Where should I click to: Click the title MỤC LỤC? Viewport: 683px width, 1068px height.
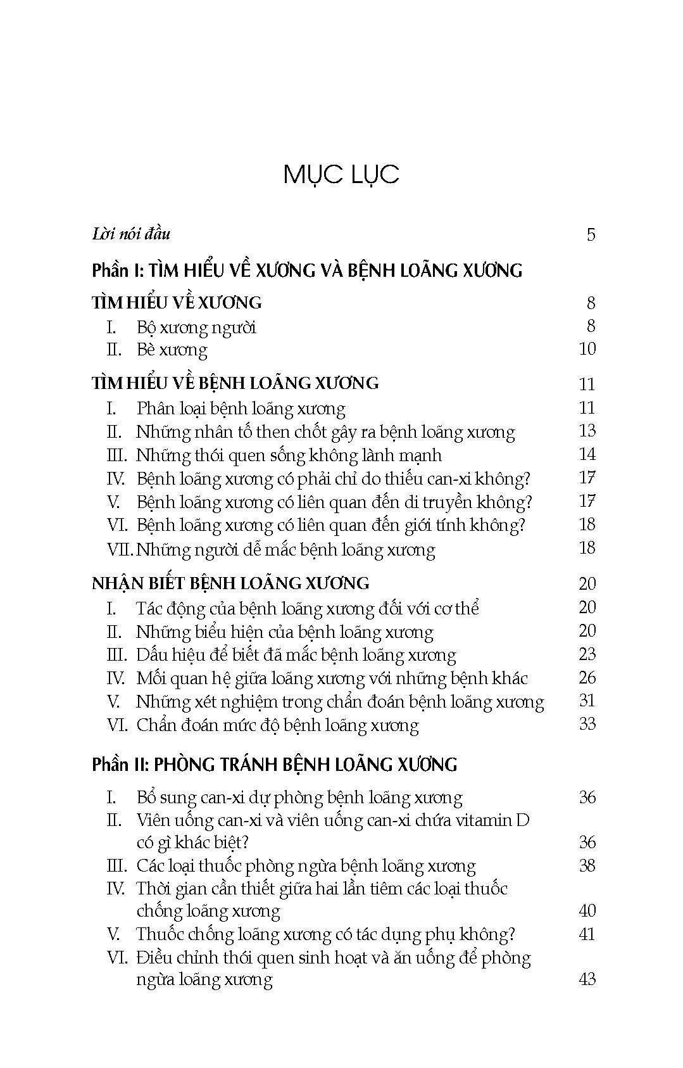(x=341, y=174)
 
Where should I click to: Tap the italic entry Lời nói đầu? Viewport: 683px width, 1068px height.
(x=131, y=234)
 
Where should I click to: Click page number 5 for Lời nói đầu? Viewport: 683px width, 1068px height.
(x=591, y=235)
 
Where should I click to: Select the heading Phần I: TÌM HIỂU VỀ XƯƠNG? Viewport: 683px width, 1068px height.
(x=307, y=270)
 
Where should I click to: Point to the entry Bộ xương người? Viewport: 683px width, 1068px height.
(x=196, y=327)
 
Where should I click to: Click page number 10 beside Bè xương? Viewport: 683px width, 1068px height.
(x=587, y=348)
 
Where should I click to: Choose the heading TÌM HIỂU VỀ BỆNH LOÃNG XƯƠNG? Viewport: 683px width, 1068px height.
(x=235, y=383)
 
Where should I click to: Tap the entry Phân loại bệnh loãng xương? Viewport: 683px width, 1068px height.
(x=241, y=409)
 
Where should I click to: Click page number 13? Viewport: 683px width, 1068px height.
(x=587, y=431)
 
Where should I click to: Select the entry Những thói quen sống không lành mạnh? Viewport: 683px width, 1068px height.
(x=289, y=455)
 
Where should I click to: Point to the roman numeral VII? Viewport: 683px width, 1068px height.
(x=119, y=549)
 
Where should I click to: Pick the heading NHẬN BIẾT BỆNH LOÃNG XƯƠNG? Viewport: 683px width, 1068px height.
(x=230, y=583)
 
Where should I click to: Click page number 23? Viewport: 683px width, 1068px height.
(x=587, y=654)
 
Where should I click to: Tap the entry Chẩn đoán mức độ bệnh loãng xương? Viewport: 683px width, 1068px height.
(x=277, y=725)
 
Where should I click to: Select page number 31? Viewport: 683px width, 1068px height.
(x=587, y=701)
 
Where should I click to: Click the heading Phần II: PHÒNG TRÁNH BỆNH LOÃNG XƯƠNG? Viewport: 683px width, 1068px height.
(x=274, y=765)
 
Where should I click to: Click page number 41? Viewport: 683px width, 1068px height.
(x=587, y=934)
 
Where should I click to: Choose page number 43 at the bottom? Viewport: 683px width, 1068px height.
(x=587, y=979)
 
